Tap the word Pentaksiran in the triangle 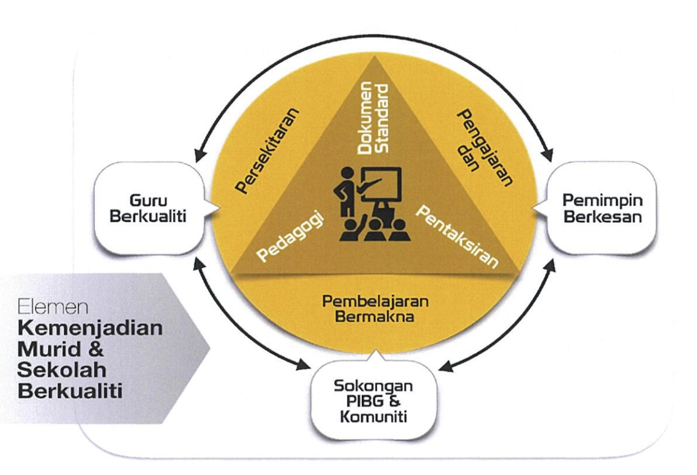(457, 236)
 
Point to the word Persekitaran (267, 151)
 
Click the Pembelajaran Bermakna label (375, 308)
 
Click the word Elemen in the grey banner (53, 306)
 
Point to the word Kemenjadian (90, 328)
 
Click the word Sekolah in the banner (62, 370)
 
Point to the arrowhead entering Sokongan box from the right (445, 366)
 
